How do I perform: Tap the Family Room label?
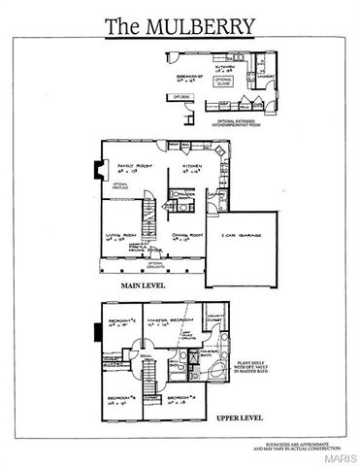(133, 169)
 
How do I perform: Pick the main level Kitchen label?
(189, 169)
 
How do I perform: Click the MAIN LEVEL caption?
(147, 286)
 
